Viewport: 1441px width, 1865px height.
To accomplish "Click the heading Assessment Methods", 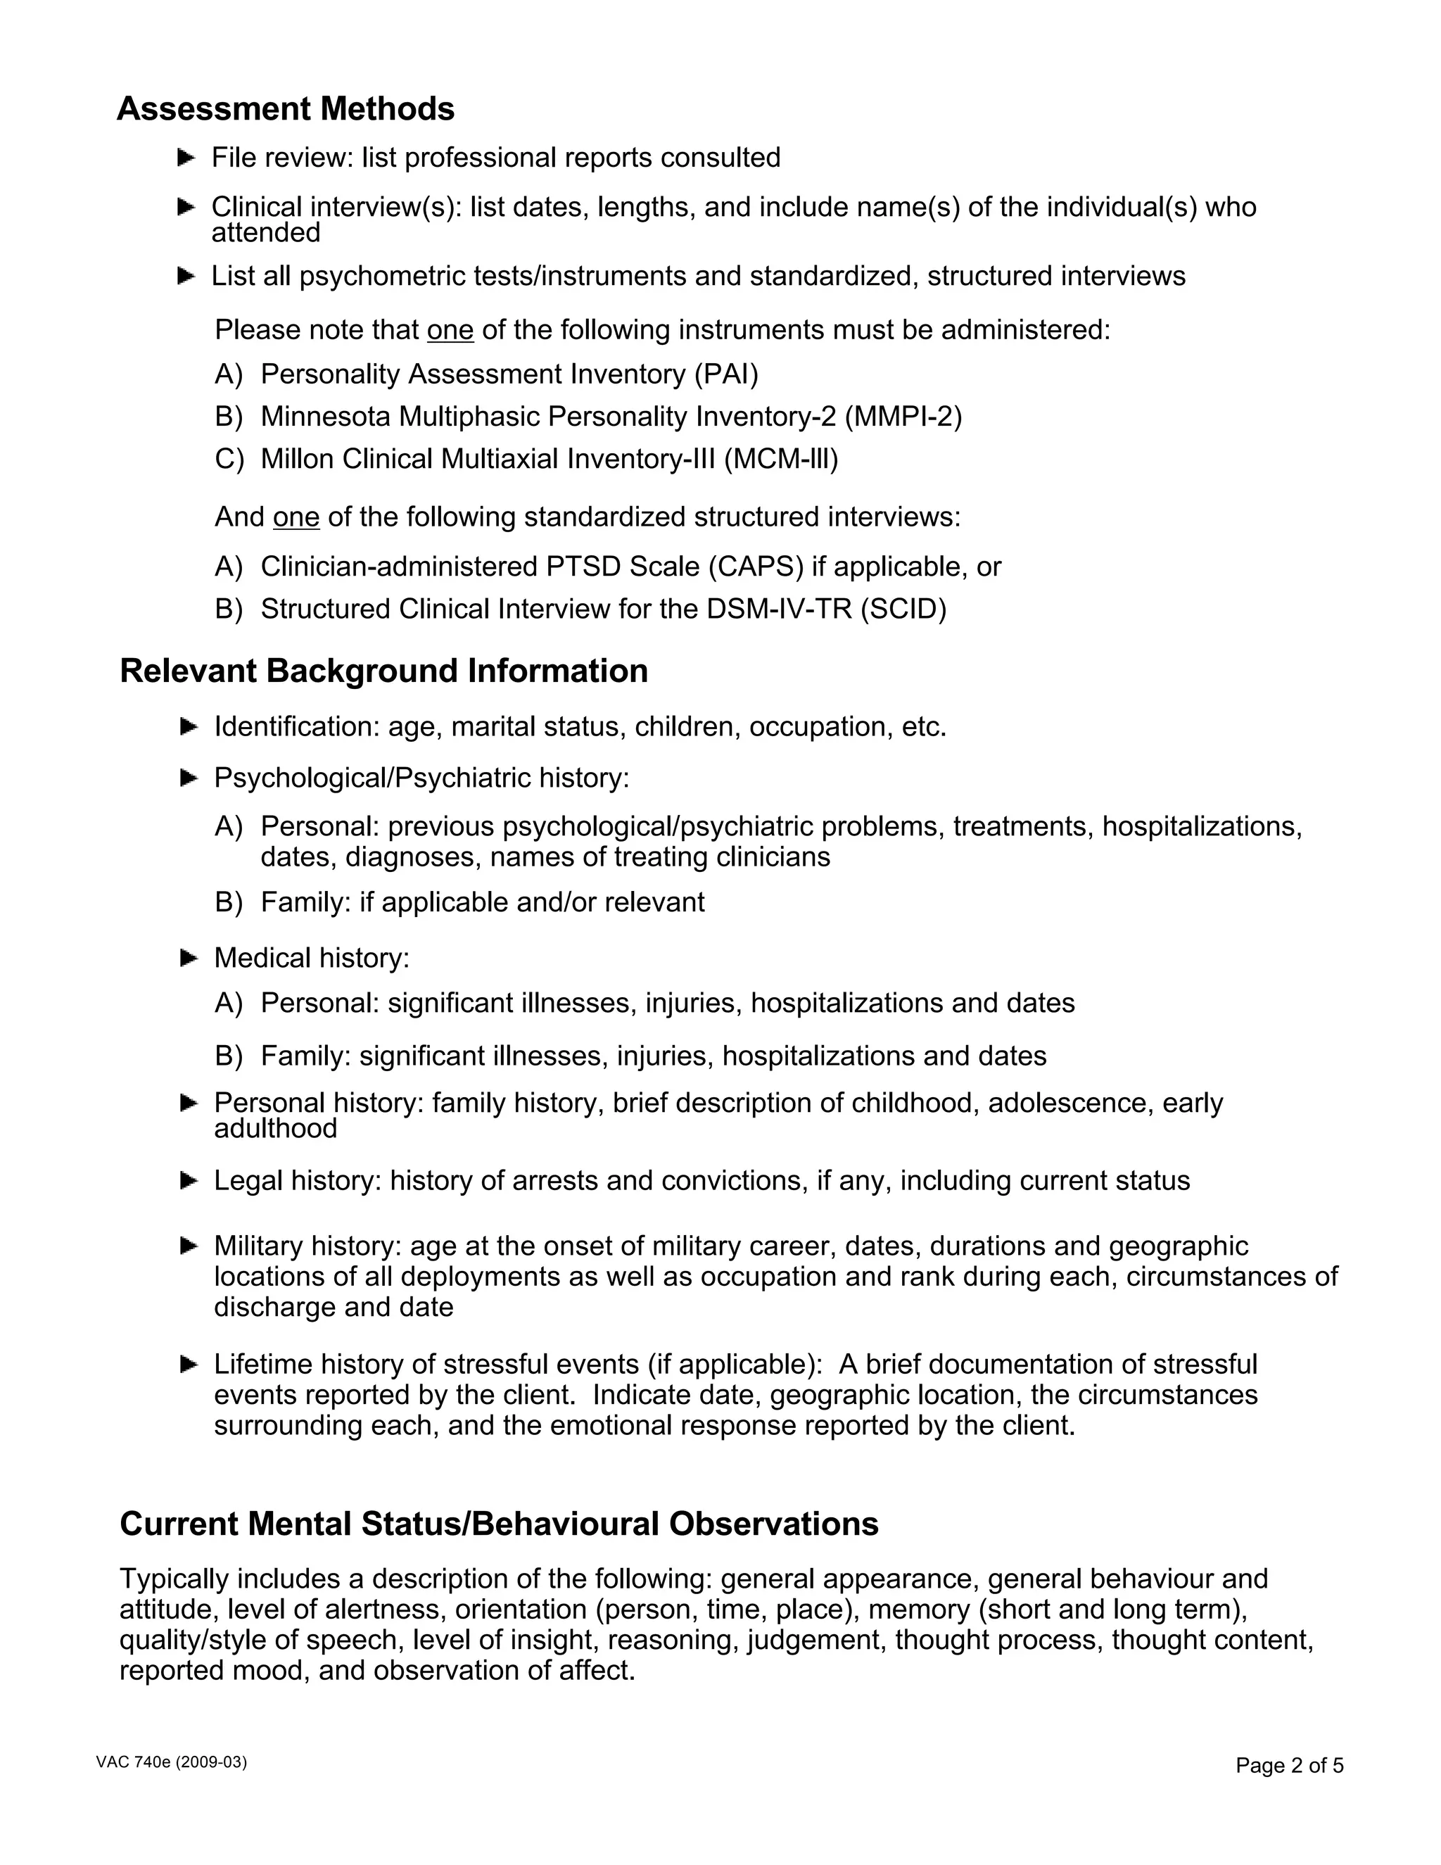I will [285, 109].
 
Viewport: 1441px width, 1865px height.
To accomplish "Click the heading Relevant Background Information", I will [383, 671].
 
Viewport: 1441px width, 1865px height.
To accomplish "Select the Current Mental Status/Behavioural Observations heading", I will [499, 1524].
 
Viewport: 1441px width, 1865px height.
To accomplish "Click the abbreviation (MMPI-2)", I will [903, 417].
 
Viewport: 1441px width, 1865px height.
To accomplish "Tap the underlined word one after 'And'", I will [296, 517].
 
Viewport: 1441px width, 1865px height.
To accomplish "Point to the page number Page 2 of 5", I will [1289, 1765].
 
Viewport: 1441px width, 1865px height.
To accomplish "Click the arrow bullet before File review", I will [186, 158].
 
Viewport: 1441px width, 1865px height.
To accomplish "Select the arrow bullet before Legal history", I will [189, 1181].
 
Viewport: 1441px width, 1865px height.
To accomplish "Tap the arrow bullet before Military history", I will [189, 1247].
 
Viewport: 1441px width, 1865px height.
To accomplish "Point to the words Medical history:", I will [312, 958].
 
